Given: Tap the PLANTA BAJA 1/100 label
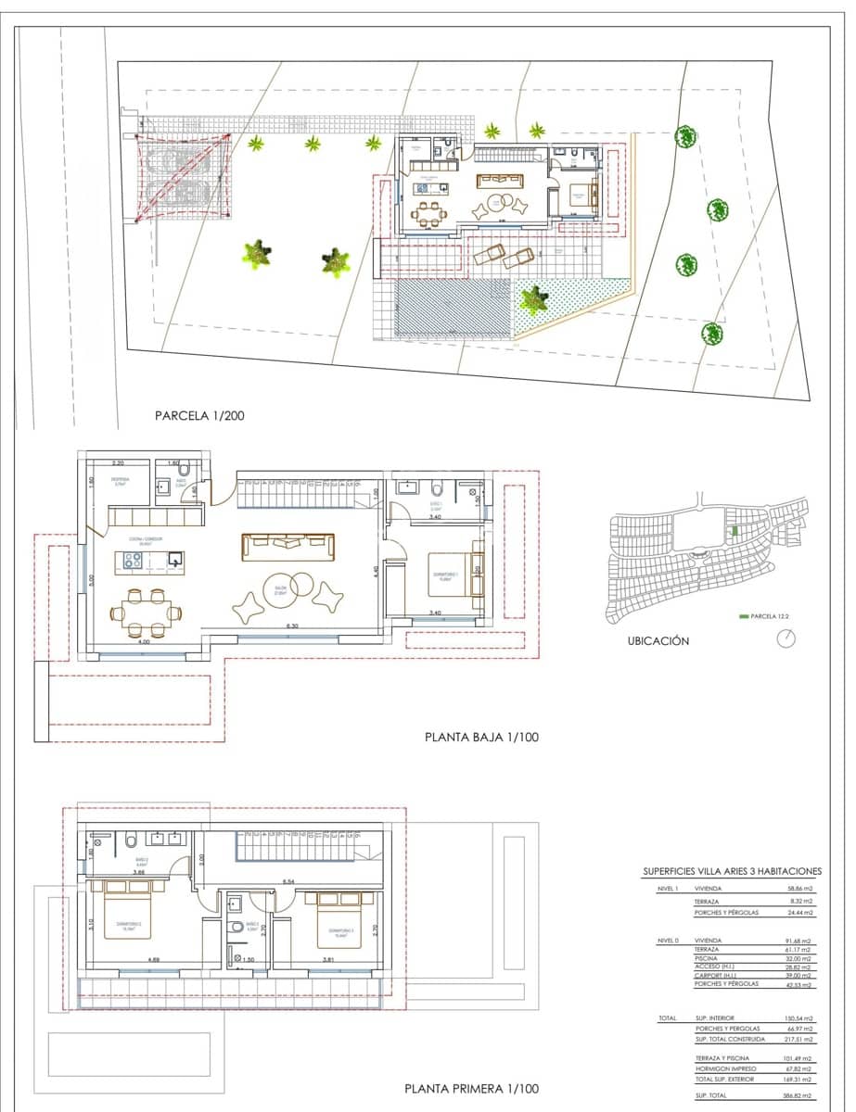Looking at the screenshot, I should pyautogui.click(x=481, y=738).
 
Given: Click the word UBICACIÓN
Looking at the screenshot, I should pyautogui.click(x=658, y=640).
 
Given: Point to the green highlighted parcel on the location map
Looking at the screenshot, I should pyautogui.click(x=734, y=530).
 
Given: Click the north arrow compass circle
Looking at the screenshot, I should pyautogui.click(x=788, y=638).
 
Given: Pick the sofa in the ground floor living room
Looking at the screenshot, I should pyautogui.click(x=287, y=547).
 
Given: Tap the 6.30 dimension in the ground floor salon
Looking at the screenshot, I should pyautogui.click(x=292, y=627).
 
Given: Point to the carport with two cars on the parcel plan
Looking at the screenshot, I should pyautogui.click(x=182, y=176).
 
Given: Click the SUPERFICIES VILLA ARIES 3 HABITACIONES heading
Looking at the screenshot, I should pyautogui.click(x=732, y=871).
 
